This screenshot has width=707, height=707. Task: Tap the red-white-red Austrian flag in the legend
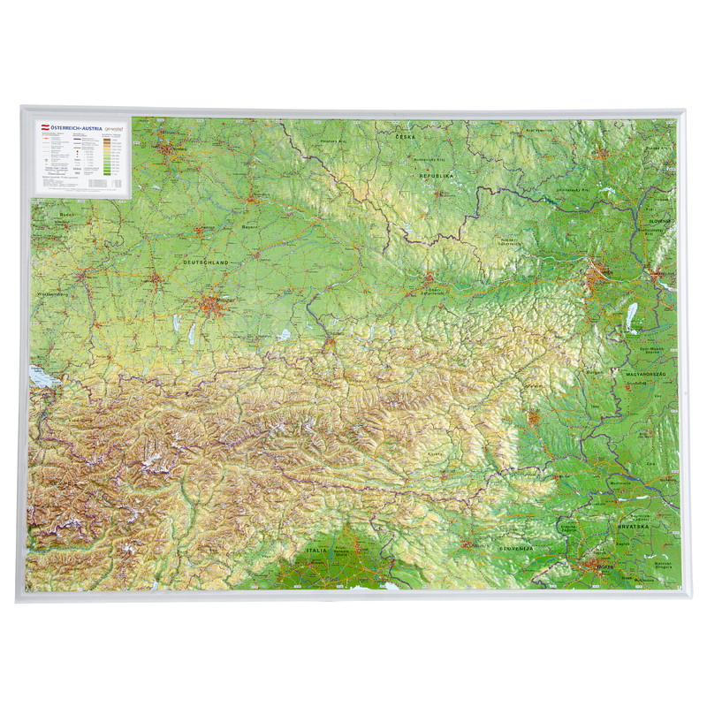[x=40, y=128]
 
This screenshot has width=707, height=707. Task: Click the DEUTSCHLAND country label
[x=205, y=262]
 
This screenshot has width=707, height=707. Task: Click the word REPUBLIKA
[x=436, y=176]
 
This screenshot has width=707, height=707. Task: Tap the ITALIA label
[x=316, y=550]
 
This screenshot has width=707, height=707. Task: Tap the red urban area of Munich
[x=213, y=306]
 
